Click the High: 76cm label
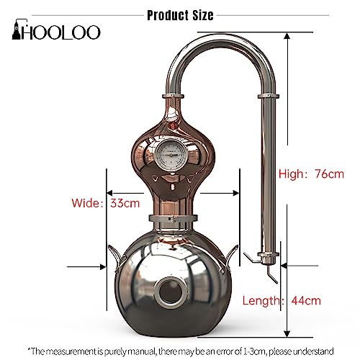(x=312, y=174)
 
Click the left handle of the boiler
(x=117, y=254)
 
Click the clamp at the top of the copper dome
(x=173, y=96)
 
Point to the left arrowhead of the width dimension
(x=109, y=193)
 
